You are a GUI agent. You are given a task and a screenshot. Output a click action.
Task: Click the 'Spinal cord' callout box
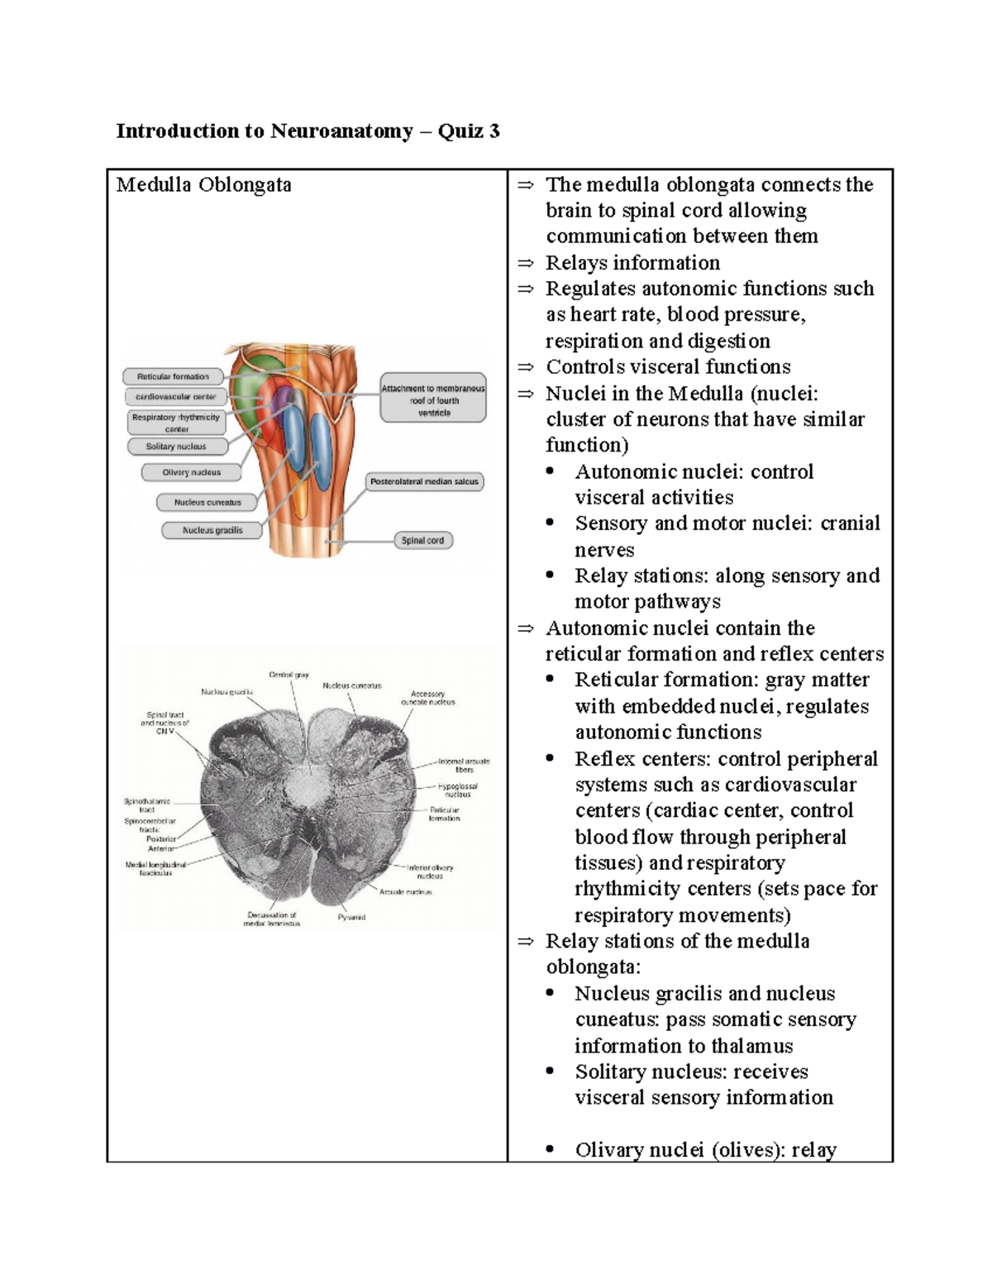pos(422,541)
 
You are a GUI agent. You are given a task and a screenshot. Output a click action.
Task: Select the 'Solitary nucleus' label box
pos(176,446)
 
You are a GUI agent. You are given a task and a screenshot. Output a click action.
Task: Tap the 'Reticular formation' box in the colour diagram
pos(173,377)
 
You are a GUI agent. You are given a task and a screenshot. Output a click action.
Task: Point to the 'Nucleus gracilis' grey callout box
pos(212,531)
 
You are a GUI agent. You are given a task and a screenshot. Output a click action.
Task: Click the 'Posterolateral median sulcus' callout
pos(424,481)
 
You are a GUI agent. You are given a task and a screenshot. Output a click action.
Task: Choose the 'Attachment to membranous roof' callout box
pos(433,400)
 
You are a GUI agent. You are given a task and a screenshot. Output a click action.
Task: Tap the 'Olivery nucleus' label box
pos(191,473)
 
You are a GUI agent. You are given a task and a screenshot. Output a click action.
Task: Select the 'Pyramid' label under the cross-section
pos(351,917)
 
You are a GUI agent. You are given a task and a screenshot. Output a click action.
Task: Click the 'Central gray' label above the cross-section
pos(289,675)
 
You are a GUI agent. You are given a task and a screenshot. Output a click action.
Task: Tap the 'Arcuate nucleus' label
pos(405,892)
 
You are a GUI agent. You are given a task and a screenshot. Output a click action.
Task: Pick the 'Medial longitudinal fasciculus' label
pos(155,868)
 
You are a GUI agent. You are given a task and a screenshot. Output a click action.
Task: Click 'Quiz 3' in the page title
pos(469,131)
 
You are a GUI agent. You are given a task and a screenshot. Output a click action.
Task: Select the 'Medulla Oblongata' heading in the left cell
pos(203,184)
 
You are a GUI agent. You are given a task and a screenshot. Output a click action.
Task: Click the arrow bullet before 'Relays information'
pos(526,264)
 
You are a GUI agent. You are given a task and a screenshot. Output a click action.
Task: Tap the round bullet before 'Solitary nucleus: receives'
pos(551,1072)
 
